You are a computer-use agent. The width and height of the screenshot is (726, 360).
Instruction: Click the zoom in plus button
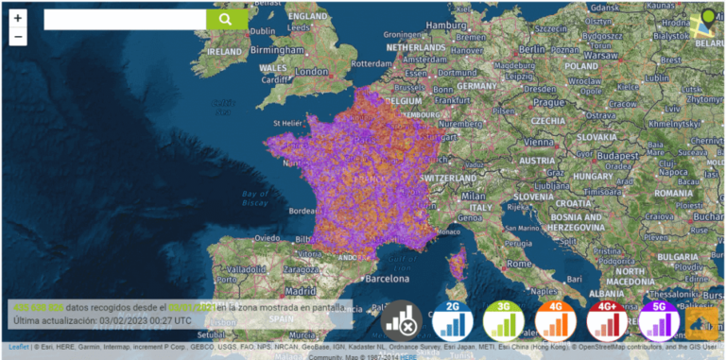(19, 18)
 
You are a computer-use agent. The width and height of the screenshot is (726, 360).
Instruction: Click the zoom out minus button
(19, 37)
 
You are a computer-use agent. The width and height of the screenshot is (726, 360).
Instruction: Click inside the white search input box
(124, 19)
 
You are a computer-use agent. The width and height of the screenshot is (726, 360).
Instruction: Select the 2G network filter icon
(453, 322)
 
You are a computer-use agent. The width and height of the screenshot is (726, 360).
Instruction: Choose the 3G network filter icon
(504, 322)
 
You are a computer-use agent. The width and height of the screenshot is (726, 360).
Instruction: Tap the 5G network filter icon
(659, 322)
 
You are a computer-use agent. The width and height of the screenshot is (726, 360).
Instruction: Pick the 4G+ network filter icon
(608, 322)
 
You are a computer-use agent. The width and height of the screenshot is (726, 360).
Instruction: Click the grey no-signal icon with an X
(401, 322)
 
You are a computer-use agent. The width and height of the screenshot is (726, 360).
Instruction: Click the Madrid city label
(300, 292)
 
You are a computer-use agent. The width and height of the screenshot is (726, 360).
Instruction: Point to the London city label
(311, 71)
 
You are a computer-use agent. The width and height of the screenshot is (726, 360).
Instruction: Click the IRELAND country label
(224, 51)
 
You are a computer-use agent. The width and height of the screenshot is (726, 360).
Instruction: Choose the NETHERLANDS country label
(415, 45)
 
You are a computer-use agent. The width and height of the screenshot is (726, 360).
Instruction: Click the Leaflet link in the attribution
(19, 347)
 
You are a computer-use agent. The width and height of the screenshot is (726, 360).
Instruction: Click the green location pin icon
(707, 20)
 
